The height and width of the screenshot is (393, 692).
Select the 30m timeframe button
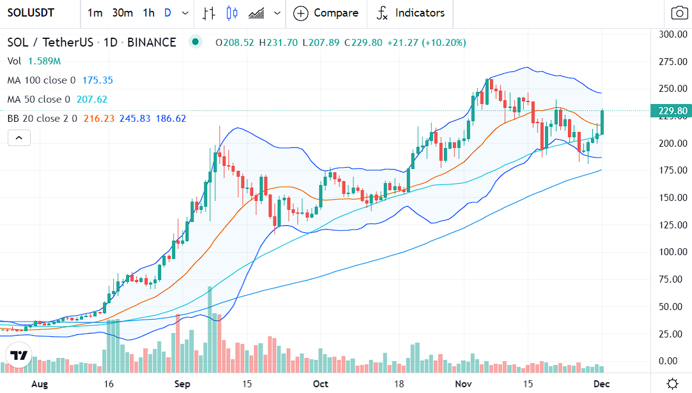122,13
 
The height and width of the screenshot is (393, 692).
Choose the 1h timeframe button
148,13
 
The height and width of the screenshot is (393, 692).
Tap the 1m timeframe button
95,13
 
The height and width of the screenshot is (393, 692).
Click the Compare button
327,13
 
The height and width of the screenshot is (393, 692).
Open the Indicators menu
411,13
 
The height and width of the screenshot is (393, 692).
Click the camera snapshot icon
679,13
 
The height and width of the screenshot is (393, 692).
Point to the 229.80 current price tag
673,111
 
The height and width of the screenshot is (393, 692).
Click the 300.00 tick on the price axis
673,34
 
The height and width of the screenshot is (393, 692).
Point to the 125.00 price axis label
673,225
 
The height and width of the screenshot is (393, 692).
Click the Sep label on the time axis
183,384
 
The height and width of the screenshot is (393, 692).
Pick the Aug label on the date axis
40,384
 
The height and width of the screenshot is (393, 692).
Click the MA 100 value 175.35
98,80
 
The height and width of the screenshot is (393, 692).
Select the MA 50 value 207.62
92,100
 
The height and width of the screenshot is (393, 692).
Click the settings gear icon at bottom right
672,383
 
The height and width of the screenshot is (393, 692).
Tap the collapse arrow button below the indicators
19,137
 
